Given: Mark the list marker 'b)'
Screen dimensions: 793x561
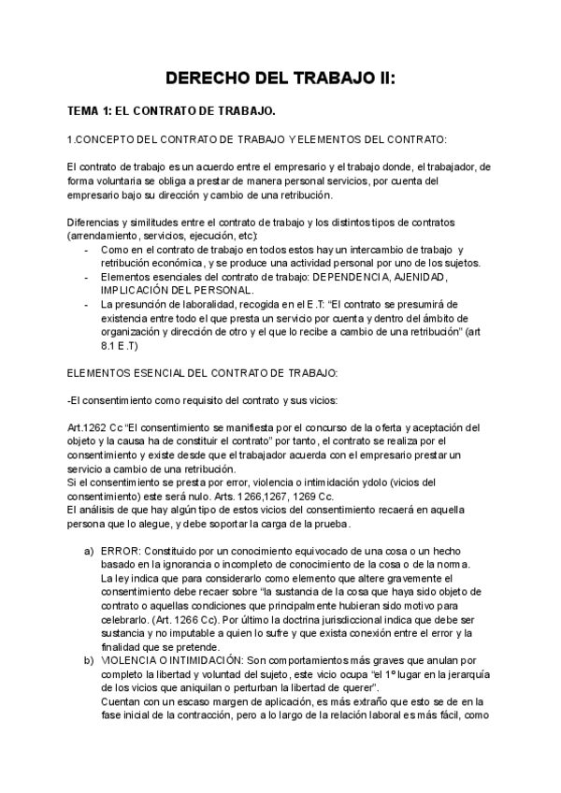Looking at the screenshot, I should pyautogui.click(x=89, y=660).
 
